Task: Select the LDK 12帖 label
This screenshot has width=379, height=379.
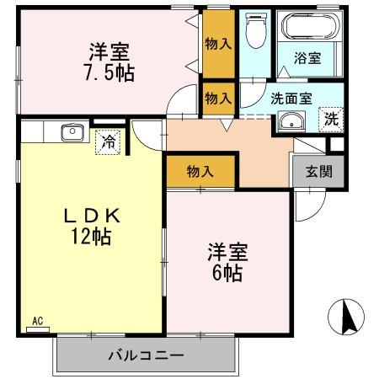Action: point(93,226)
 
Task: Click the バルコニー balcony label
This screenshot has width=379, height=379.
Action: point(145,355)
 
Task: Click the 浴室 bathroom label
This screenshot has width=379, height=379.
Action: point(307,59)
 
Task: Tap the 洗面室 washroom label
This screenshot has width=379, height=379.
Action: point(291,98)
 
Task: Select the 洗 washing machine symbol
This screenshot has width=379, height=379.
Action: point(333,120)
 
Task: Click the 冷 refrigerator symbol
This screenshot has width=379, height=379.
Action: point(109,142)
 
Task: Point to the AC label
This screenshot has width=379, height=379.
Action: point(37,321)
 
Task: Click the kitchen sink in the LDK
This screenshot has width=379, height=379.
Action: point(71,132)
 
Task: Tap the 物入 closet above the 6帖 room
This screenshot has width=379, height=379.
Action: point(200,172)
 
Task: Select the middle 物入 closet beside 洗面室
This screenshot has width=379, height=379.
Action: point(218,98)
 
